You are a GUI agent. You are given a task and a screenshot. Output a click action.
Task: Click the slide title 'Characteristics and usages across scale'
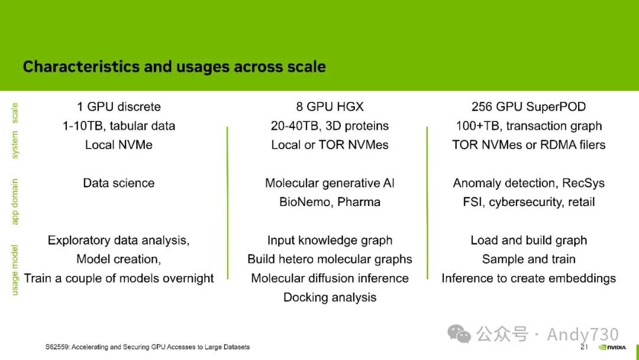click(x=175, y=66)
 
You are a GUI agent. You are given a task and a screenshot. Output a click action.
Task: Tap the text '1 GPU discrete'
click(x=119, y=107)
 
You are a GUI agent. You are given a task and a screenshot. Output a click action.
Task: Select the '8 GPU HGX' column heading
click(x=330, y=107)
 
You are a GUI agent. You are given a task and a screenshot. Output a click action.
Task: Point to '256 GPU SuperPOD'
click(x=528, y=107)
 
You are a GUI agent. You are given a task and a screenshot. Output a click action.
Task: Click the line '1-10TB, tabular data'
click(x=119, y=126)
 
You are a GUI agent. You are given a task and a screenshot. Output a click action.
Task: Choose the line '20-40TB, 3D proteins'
click(x=330, y=126)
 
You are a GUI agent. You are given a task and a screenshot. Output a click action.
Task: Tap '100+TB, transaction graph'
click(x=528, y=126)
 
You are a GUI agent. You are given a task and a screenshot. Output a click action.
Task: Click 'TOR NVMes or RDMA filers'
click(x=528, y=144)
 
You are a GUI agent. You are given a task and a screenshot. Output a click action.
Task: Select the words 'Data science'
click(x=119, y=183)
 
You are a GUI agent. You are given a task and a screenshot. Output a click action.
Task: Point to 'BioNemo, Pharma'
click(x=330, y=202)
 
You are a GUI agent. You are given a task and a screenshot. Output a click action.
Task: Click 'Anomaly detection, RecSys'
click(x=528, y=183)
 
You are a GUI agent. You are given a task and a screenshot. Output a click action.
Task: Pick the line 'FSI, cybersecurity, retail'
click(x=528, y=202)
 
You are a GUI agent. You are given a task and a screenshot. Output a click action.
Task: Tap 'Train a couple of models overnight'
click(x=119, y=278)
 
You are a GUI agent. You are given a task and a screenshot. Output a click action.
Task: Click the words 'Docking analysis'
click(x=330, y=297)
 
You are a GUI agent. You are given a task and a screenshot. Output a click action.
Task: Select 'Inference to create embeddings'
click(x=528, y=278)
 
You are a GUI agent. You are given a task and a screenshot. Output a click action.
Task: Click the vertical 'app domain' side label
click(x=15, y=201)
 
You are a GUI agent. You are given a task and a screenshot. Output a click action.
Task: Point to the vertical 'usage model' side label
click(x=15, y=270)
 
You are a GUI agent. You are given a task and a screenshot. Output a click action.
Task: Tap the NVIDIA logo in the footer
click(x=612, y=348)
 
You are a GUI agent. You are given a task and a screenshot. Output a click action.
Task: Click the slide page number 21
click(x=584, y=347)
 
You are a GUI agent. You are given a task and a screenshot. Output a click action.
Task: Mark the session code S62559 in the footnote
click(x=57, y=347)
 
